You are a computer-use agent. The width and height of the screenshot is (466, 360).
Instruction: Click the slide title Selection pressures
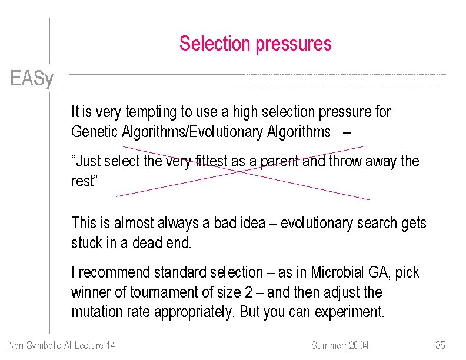pos(255,44)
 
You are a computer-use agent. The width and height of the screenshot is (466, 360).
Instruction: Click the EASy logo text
pos(32,78)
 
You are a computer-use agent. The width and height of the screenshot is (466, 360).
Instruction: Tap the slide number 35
pos(440,345)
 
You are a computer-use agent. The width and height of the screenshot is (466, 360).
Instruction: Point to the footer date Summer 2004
pos(340,345)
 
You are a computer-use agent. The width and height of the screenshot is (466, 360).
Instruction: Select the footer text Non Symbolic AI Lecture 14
pos(62,345)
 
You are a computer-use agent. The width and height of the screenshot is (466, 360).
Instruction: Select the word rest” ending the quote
pos(84,181)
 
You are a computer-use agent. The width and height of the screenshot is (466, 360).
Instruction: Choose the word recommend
pos(114,272)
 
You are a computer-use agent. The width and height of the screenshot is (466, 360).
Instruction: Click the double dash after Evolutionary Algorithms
pos(347,132)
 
